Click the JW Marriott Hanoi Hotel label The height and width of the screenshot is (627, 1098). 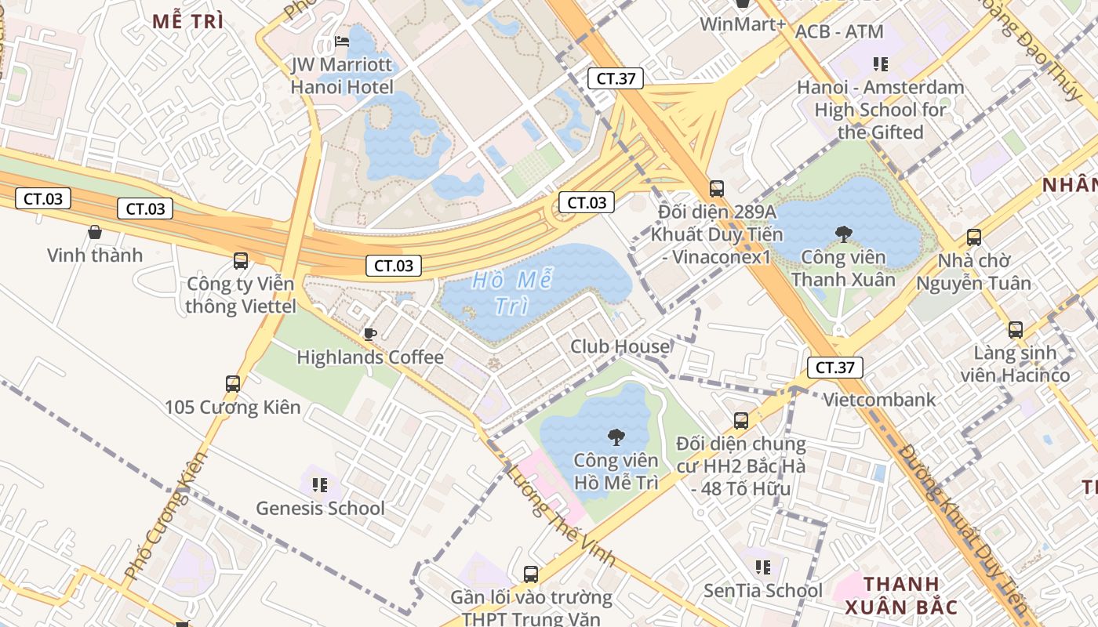click(342, 75)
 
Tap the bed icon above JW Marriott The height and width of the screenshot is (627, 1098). click(342, 41)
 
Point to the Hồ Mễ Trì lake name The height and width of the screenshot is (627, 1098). click(513, 293)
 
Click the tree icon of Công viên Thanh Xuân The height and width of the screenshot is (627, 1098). click(843, 233)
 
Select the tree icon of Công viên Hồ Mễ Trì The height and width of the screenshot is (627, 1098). click(616, 437)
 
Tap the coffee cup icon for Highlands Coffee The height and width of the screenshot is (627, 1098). click(370, 335)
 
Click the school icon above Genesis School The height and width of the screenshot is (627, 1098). click(320, 485)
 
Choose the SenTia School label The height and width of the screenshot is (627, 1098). click(762, 590)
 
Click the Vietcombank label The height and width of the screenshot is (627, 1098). click(878, 400)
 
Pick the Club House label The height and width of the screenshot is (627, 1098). click(620, 346)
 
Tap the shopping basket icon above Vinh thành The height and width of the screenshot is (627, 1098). click(95, 232)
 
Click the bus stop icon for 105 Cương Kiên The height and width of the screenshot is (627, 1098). click(233, 384)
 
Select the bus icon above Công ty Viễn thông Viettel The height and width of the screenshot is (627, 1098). click(241, 261)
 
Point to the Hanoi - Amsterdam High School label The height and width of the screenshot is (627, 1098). click(880, 110)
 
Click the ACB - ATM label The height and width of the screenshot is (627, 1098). click(838, 32)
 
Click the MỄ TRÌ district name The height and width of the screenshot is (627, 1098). click(188, 22)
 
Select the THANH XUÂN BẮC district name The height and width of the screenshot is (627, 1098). click(901, 595)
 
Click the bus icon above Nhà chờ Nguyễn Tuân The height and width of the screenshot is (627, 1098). click(973, 237)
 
